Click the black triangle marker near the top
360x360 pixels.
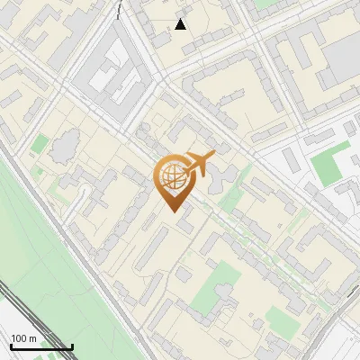[x=181, y=23]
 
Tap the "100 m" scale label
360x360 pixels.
[x=24, y=338]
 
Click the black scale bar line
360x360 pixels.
[x=41, y=347]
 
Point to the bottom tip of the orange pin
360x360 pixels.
[x=172, y=211]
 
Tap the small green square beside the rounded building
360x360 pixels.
[x=40, y=143]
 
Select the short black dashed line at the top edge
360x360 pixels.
[x=119, y=9]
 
